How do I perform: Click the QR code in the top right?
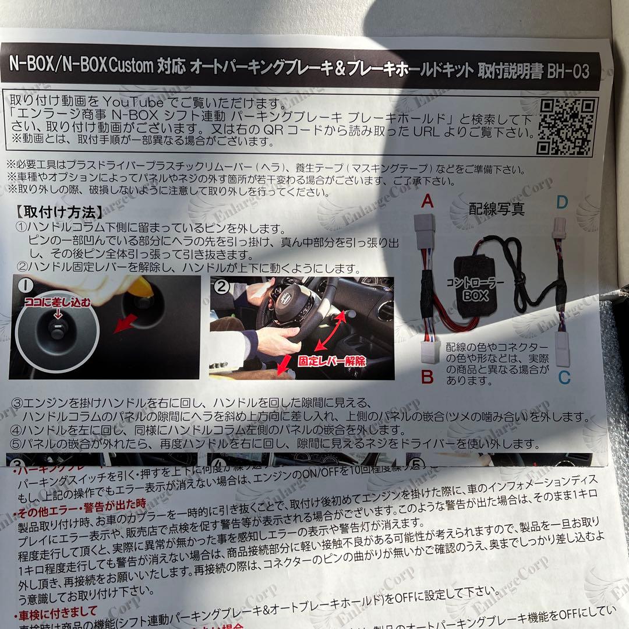click(565, 125)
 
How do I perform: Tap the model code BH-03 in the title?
click(567, 72)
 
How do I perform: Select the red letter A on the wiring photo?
click(427, 202)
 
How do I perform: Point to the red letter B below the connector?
click(427, 377)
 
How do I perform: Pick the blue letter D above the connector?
click(561, 203)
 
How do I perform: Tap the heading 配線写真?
click(496, 209)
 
